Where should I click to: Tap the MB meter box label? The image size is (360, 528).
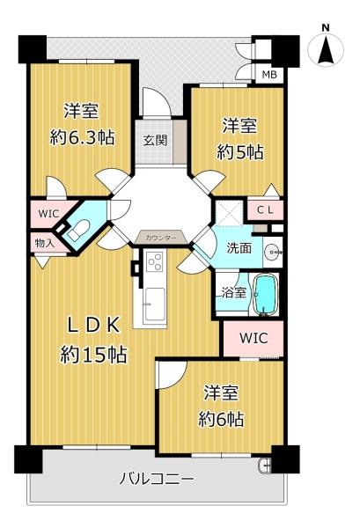[269, 74]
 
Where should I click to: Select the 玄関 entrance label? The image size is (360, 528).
[155, 141]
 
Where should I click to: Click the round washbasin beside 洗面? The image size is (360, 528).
[272, 252]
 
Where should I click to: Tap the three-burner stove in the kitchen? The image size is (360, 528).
[156, 262]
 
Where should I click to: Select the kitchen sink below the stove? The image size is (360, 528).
[155, 304]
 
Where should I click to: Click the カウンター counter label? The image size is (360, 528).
[161, 238]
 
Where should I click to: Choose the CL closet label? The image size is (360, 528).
[265, 210]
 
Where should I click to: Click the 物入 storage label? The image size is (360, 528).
[45, 243]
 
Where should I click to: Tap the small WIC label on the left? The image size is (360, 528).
[48, 214]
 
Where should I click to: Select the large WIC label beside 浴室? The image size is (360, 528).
[253, 338]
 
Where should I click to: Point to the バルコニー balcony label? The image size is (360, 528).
[157, 479]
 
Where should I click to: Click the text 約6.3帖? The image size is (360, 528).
[82, 137]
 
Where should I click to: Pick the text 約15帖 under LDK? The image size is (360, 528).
[93, 355]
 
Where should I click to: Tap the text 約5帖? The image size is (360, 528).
[239, 153]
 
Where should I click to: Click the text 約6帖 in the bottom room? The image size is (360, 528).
[221, 420]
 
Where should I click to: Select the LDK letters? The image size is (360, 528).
[93, 326]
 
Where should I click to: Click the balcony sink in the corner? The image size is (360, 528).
[265, 466]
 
